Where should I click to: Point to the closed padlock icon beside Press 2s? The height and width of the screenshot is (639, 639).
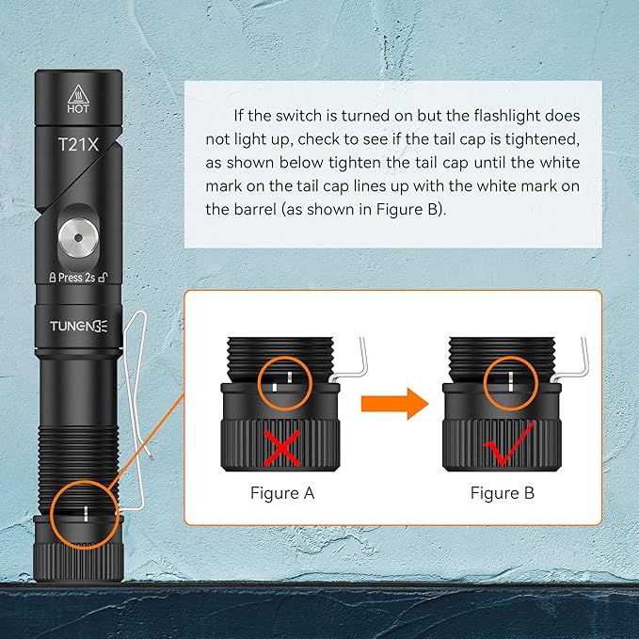(x=53, y=278)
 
